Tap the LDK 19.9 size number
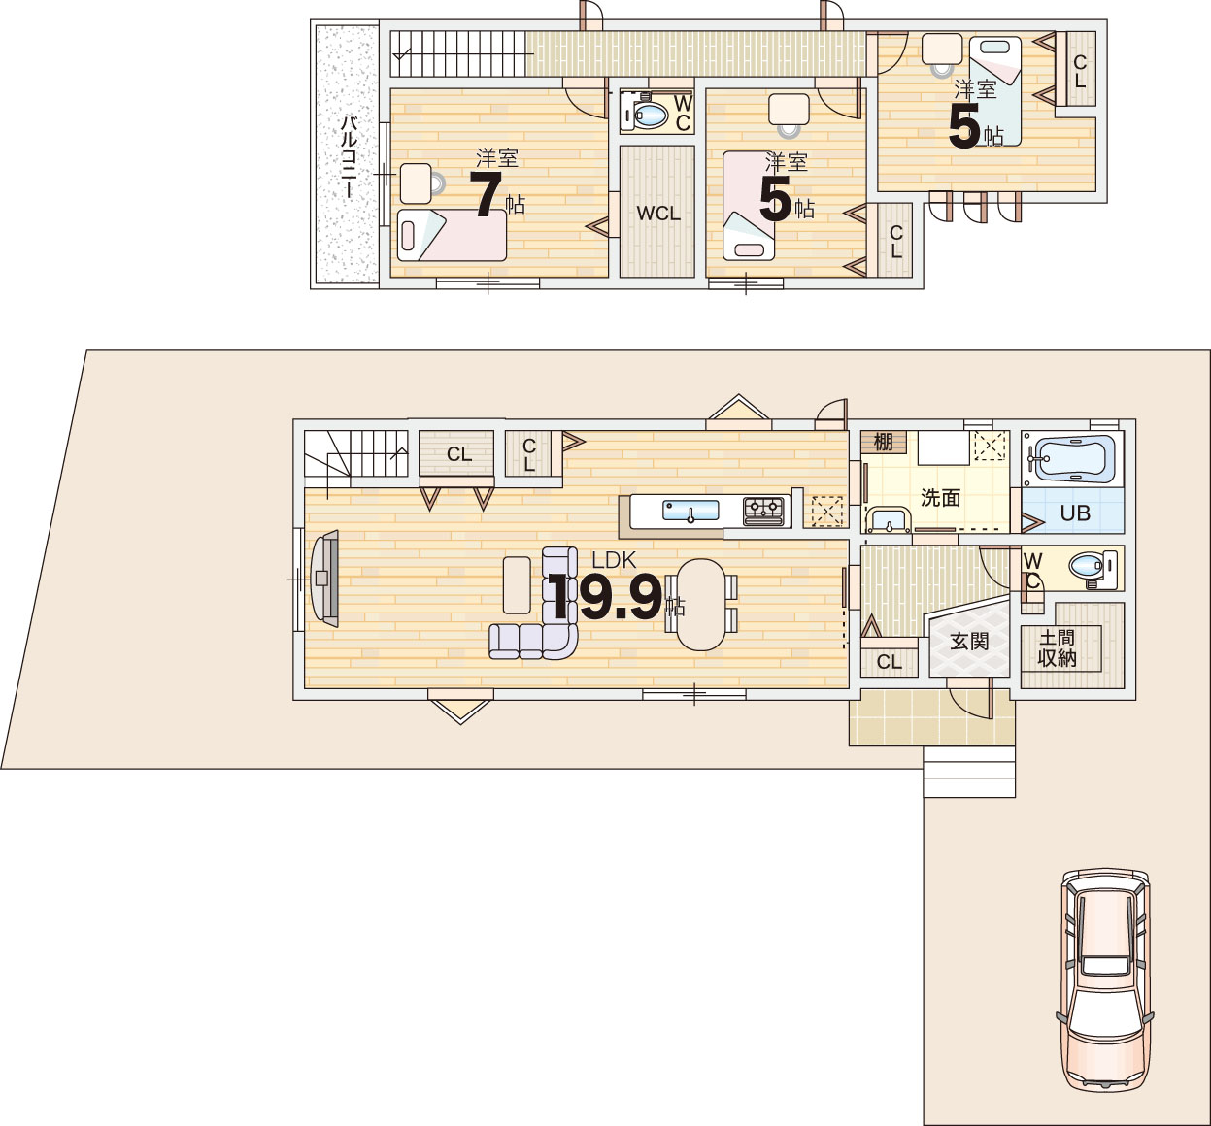click(x=604, y=597)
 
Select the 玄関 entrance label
click(x=969, y=641)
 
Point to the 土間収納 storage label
click(x=1057, y=648)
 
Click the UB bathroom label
click(x=1075, y=513)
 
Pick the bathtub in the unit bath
click(x=1071, y=459)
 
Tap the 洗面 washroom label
click(x=940, y=498)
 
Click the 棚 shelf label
click(x=883, y=442)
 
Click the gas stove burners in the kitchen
click(x=763, y=512)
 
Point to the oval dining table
click(x=701, y=604)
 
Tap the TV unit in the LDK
click(x=324, y=578)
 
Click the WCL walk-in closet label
click(x=657, y=214)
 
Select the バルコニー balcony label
click(x=349, y=157)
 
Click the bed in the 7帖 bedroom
click(x=452, y=235)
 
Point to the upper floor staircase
click(x=457, y=53)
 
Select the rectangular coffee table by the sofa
click(x=517, y=584)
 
